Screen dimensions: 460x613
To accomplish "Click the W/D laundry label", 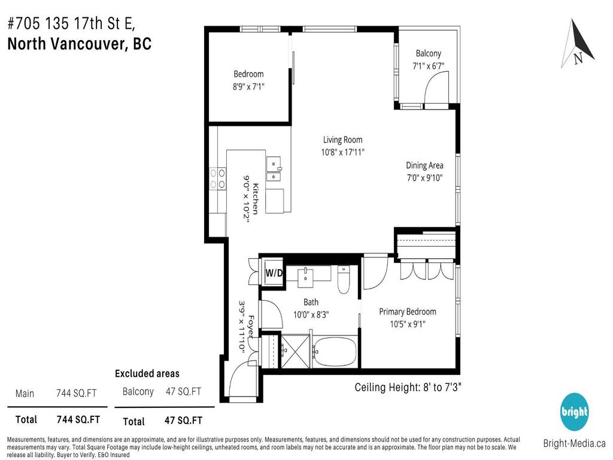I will [274, 273].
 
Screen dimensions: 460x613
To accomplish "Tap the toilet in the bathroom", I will [344, 281].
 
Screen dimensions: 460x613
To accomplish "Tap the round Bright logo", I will [574, 412].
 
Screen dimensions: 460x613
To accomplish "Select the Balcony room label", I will [428, 53].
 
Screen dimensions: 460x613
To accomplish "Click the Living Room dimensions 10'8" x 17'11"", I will [342, 152].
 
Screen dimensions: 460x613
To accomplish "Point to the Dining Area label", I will [424, 165].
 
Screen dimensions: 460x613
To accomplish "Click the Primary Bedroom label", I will [407, 311].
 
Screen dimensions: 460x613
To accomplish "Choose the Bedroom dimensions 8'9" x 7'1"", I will [248, 86].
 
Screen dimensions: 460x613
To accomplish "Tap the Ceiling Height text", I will [408, 387].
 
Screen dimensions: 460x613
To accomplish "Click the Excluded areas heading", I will [147, 374].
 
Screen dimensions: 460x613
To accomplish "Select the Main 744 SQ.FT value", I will [76, 394].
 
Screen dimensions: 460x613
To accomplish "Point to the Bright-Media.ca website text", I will [573, 444].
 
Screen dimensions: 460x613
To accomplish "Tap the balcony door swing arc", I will [432, 92].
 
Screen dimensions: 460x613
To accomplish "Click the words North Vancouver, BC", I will [79, 44].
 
